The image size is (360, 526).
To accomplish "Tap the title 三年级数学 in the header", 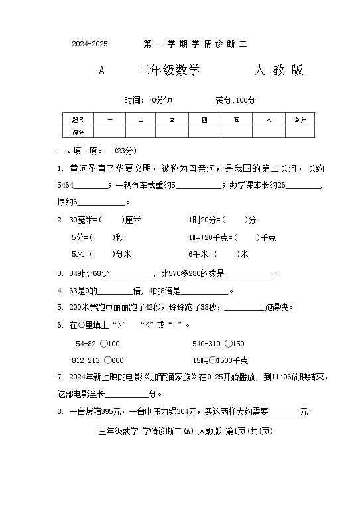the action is pyautogui.click(x=168, y=71).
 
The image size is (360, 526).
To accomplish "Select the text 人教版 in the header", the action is pyautogui.click(x=279, y=71).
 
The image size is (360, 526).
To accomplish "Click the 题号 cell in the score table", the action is pyautogui.click(x=78, y=120).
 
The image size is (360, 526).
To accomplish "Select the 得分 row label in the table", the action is pyautogui.click(x=78, y=131).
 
